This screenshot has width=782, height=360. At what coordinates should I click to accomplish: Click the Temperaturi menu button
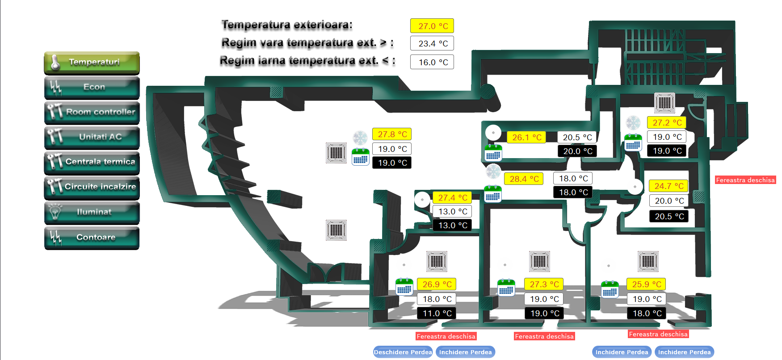92,63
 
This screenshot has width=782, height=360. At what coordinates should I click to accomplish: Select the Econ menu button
92,88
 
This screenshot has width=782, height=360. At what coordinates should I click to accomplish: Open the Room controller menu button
92,113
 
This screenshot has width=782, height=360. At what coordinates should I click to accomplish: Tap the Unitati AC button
92,138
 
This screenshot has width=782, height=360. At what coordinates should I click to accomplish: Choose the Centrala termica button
92,163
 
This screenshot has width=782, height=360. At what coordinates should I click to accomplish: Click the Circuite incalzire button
92,188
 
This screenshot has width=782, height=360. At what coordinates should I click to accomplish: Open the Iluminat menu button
92,213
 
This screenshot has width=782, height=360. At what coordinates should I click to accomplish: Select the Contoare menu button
92,238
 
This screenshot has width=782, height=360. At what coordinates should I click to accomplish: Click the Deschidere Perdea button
403,352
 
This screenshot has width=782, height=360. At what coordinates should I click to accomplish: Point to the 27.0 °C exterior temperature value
432,26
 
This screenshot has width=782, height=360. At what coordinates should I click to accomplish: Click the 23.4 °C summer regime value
432,43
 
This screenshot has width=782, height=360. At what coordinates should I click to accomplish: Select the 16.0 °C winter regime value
432,62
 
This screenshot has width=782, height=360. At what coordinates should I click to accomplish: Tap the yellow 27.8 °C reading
392,134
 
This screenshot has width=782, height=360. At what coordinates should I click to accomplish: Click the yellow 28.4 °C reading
524,179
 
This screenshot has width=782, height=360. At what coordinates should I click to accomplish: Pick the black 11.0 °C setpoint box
437,313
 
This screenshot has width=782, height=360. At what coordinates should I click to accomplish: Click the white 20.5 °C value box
577,137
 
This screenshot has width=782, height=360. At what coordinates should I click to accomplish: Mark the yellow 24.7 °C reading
668,186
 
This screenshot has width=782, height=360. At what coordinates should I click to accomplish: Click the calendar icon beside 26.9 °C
404,287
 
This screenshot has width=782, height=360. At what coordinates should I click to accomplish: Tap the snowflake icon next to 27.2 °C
633,122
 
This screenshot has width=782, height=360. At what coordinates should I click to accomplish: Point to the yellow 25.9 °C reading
646,284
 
